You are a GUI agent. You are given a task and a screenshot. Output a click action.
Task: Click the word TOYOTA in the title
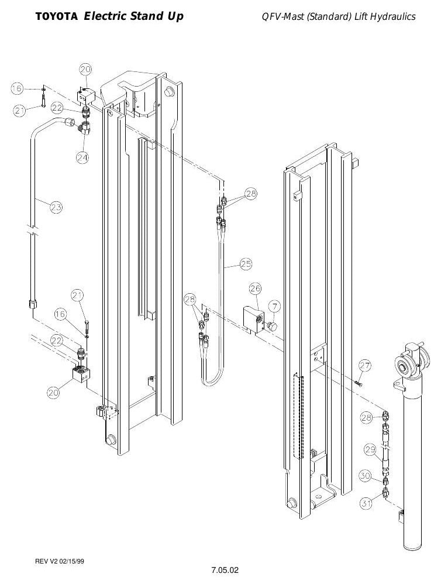(x=57, y=17)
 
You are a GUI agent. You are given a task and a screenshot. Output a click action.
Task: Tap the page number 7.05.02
(x=225, y=570)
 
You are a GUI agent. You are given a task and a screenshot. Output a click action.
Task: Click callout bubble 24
(x=82, y=157)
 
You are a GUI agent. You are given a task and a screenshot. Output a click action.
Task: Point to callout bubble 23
(x=56, y=207)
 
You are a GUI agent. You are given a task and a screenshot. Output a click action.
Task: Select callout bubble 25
(x=246, y=264)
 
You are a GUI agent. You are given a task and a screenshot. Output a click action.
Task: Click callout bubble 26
(x=255, y=288)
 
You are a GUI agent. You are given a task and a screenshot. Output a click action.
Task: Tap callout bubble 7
(x=275, y=307)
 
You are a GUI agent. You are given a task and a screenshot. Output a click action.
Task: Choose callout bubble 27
(x=365, y=365)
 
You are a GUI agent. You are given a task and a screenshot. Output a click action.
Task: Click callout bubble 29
(x=370, y=449)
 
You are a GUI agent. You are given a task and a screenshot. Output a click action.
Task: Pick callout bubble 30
(x=365, y=476)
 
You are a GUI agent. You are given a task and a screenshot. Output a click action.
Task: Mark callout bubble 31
(x=366, y=504)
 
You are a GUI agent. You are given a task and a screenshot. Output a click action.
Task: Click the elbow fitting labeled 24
(x=84, y=127)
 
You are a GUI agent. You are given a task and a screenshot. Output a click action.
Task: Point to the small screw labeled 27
(x=359, y=383)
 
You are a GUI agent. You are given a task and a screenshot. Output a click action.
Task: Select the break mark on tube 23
(x=33, y=231)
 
